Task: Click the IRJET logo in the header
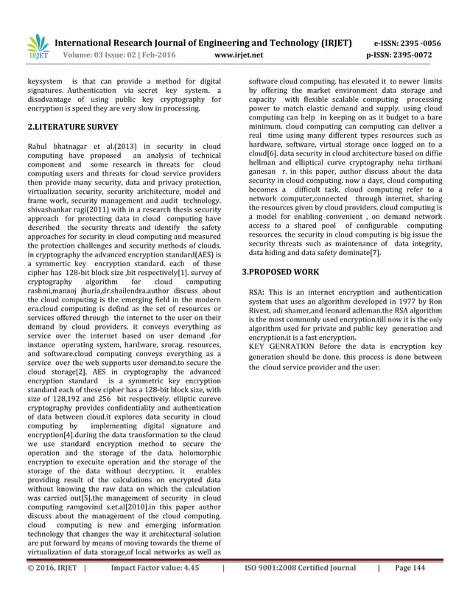[x=38, y=47]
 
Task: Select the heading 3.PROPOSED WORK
[x=280, y=272]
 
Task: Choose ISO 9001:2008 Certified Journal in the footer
[x=300, y=589]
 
